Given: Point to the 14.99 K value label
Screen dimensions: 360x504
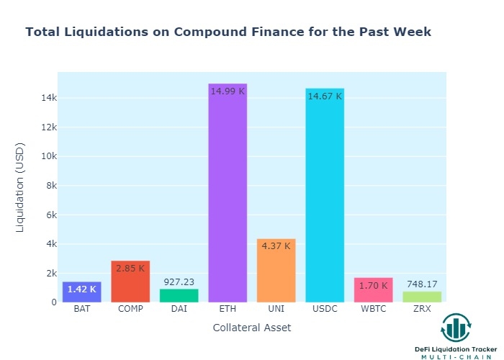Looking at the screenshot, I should [228, 91].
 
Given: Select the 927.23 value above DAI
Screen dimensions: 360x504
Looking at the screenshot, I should [179, 282].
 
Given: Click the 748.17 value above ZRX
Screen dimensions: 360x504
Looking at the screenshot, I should [422, 284].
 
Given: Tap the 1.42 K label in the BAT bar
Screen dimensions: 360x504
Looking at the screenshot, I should [81, 290].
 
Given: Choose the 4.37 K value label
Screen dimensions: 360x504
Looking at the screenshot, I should [276, 246].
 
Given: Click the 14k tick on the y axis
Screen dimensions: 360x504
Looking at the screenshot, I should [48, 98].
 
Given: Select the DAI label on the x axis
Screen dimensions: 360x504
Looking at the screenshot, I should [179, 310].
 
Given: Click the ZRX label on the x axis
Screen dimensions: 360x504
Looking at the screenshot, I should [422, 310].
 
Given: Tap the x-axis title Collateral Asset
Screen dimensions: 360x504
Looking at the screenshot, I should [252, 328].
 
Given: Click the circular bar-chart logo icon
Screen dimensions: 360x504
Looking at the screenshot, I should [456, 328].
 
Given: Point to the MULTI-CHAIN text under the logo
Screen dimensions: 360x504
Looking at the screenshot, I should [456, 357].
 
